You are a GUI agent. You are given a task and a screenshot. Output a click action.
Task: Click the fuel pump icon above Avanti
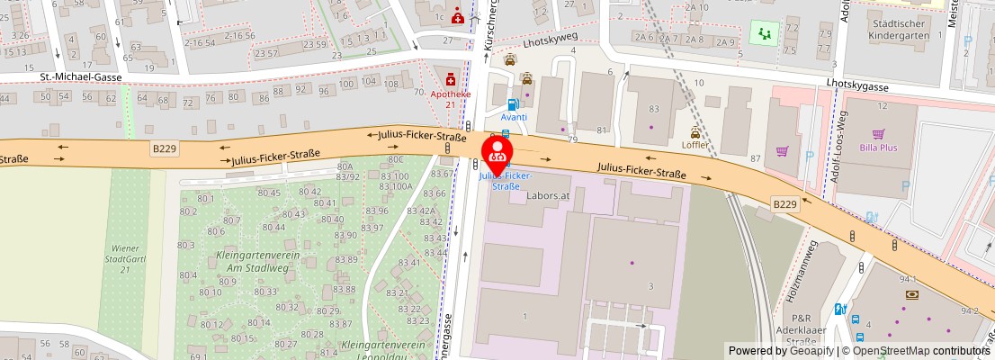pos(513,104)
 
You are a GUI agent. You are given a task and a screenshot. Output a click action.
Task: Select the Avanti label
pos(514,117)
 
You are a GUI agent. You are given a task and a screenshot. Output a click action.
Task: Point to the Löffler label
pos(695,144)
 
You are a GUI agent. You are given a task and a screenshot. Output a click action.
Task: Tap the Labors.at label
pos(550,194)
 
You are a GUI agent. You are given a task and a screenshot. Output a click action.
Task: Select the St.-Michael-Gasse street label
pos(80,77)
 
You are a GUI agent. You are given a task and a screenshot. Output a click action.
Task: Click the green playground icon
pos(765,33)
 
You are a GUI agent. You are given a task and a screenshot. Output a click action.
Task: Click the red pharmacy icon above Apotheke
pos(449,81)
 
